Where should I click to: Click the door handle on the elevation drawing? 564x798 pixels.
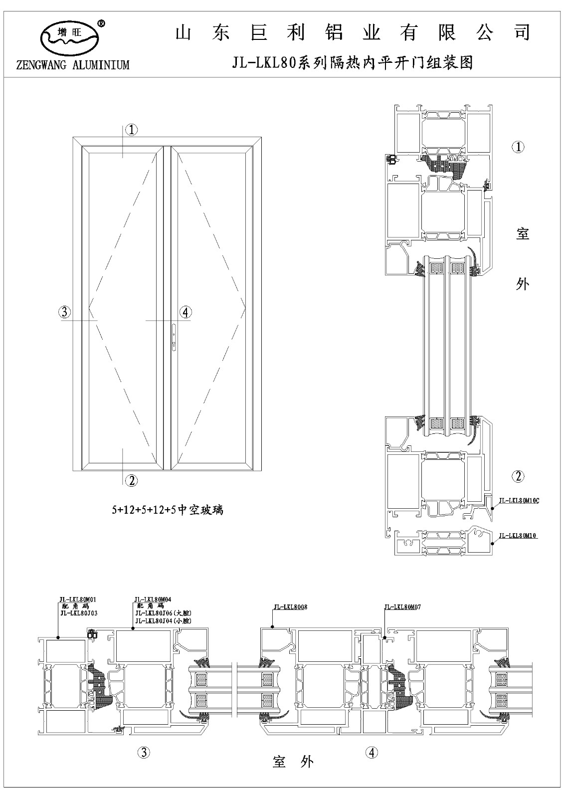click(x=173, y=336)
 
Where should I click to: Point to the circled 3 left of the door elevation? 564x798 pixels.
click(x=64, y=313)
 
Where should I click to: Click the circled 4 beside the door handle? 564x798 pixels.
click(x=185, y=313)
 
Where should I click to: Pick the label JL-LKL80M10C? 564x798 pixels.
click(x=519, y=500)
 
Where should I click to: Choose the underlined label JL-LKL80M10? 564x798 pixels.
click(x=517, y=536)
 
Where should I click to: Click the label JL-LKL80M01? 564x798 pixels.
click(x=77, y=599)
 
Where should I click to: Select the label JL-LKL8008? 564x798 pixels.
click(x=290, y=607)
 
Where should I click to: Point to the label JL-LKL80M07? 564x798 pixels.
click(x=402, y=607)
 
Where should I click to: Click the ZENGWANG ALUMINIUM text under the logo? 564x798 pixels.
click(x=73, y=65)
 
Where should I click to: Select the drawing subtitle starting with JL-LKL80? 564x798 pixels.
click(x=352, y=63)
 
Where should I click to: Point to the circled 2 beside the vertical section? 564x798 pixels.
click(x=519, y=476)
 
